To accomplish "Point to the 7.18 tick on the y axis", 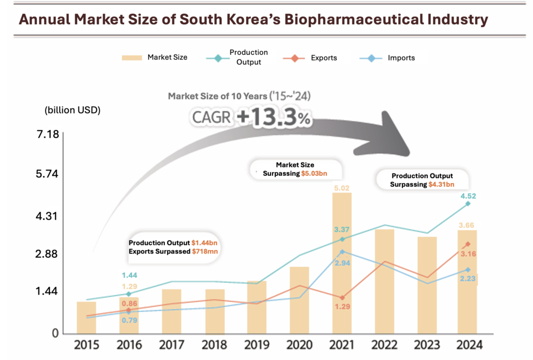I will pos(47,135).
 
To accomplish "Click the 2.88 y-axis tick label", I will pos(47,255).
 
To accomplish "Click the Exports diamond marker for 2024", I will pos(467,244).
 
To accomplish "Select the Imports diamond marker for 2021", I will pos(343,252).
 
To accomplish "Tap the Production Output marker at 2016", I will pos(129,294).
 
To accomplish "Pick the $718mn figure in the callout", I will pos(205,252).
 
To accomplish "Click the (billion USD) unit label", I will pos(72,110).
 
